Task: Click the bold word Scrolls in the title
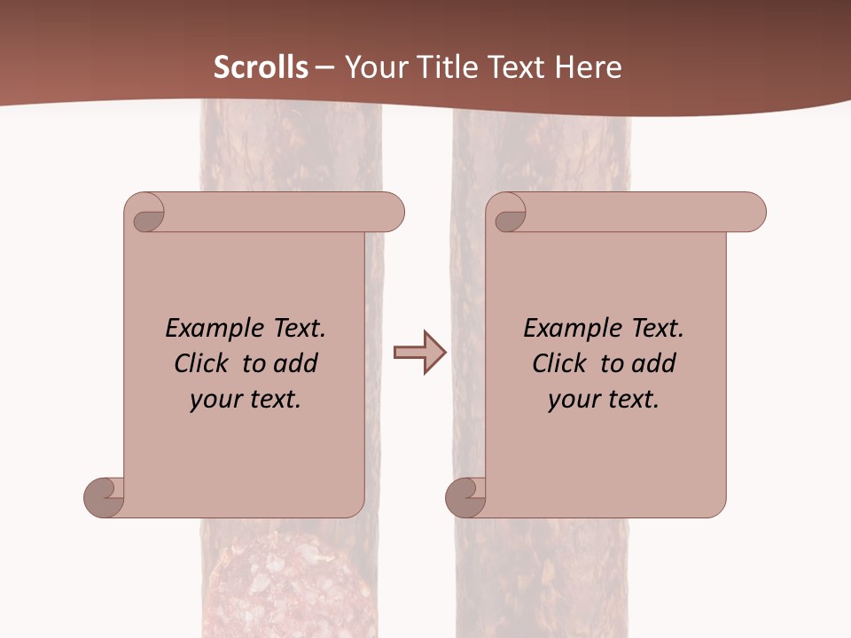point(261,67)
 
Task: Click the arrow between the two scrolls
point(419,353)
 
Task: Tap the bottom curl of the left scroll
point(105,497)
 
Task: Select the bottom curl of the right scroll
point(466,497)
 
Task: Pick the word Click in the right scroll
point(559,363)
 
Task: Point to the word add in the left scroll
point(295,363)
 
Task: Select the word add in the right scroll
point(653,363)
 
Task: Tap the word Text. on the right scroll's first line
point(657,329)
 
